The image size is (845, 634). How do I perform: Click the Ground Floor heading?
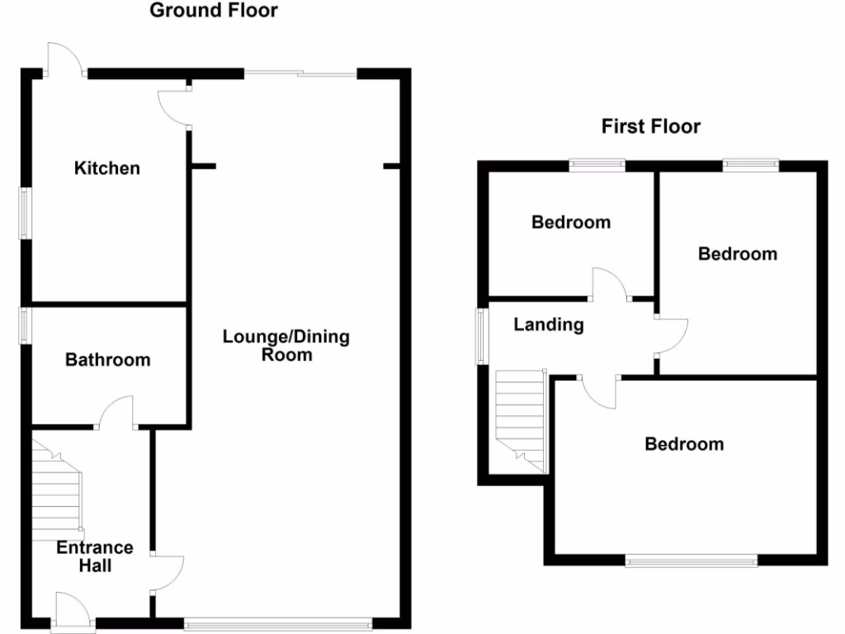(213, 11)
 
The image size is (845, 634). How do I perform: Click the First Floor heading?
(650, 126)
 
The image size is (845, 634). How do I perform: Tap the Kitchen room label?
(107, 168)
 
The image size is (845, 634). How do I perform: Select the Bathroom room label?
(108, 360)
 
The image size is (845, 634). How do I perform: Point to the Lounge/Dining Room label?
(286, 346)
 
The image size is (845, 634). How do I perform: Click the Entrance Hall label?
(95, 556)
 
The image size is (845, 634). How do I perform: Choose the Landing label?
(549, 324)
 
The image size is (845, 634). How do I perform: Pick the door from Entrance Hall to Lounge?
(168, 573)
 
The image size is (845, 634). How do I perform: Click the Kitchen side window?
(25, 214)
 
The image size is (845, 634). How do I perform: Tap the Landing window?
(480, 336)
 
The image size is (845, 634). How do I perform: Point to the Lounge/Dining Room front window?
(278, 625)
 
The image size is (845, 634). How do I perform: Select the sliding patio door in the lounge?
(300, 74)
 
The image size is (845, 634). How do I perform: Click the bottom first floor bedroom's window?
(692, 562)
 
